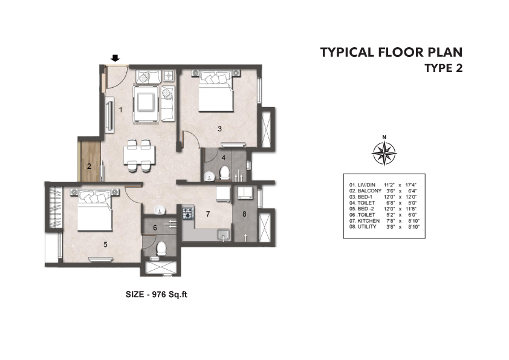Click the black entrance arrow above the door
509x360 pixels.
[115, 58]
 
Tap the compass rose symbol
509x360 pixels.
[384, 152]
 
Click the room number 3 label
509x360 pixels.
[220, 129]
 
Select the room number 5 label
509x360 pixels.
[105, 244]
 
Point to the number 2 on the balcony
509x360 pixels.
[89, 166]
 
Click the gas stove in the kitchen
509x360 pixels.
[188, 213]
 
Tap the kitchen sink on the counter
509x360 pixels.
[223, 235]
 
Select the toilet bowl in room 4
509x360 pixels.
[224, 173]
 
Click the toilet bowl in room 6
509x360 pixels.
[161, 249]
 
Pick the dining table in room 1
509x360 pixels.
[139, 155]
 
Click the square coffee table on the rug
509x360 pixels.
[146, 102]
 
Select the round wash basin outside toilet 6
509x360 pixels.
[160, 210]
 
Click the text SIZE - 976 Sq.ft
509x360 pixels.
[157, 295]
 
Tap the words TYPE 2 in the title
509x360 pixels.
[444, 68]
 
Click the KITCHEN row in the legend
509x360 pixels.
[384, 221]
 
